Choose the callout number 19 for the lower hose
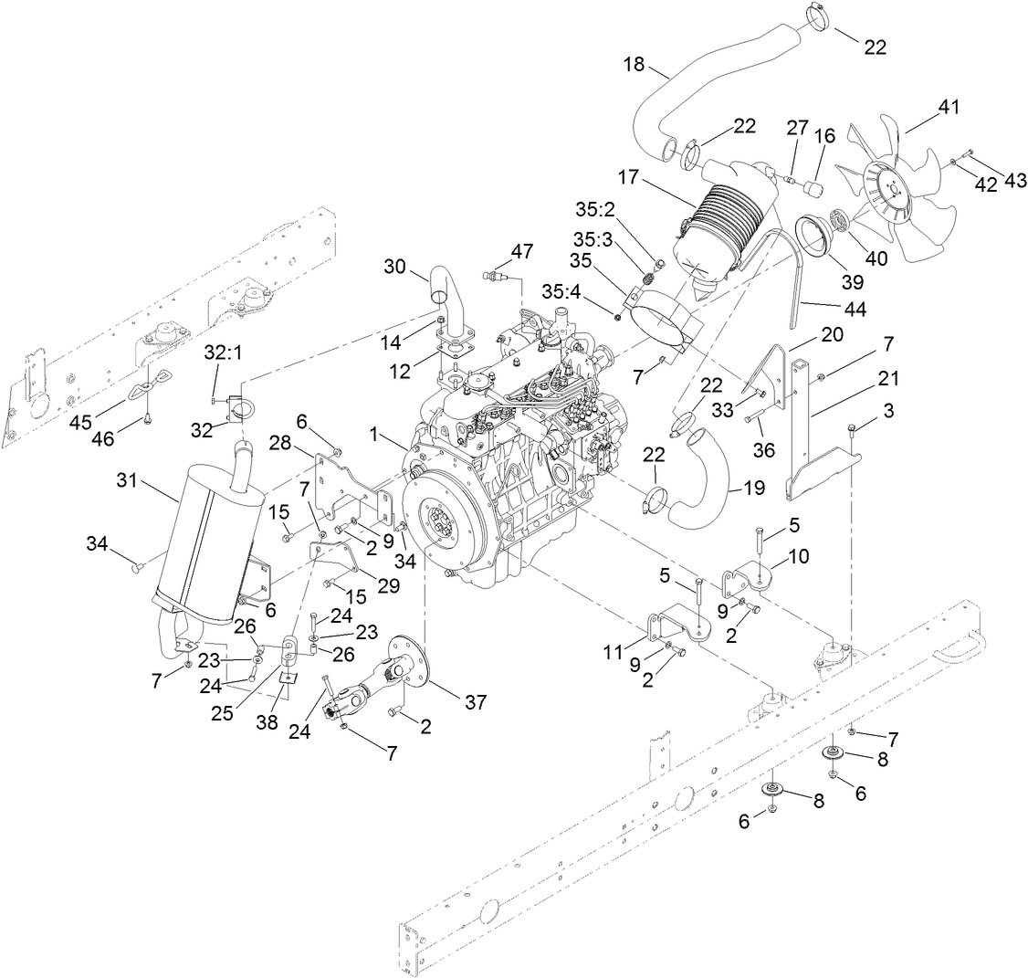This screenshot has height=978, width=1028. [x=753, y=488]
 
